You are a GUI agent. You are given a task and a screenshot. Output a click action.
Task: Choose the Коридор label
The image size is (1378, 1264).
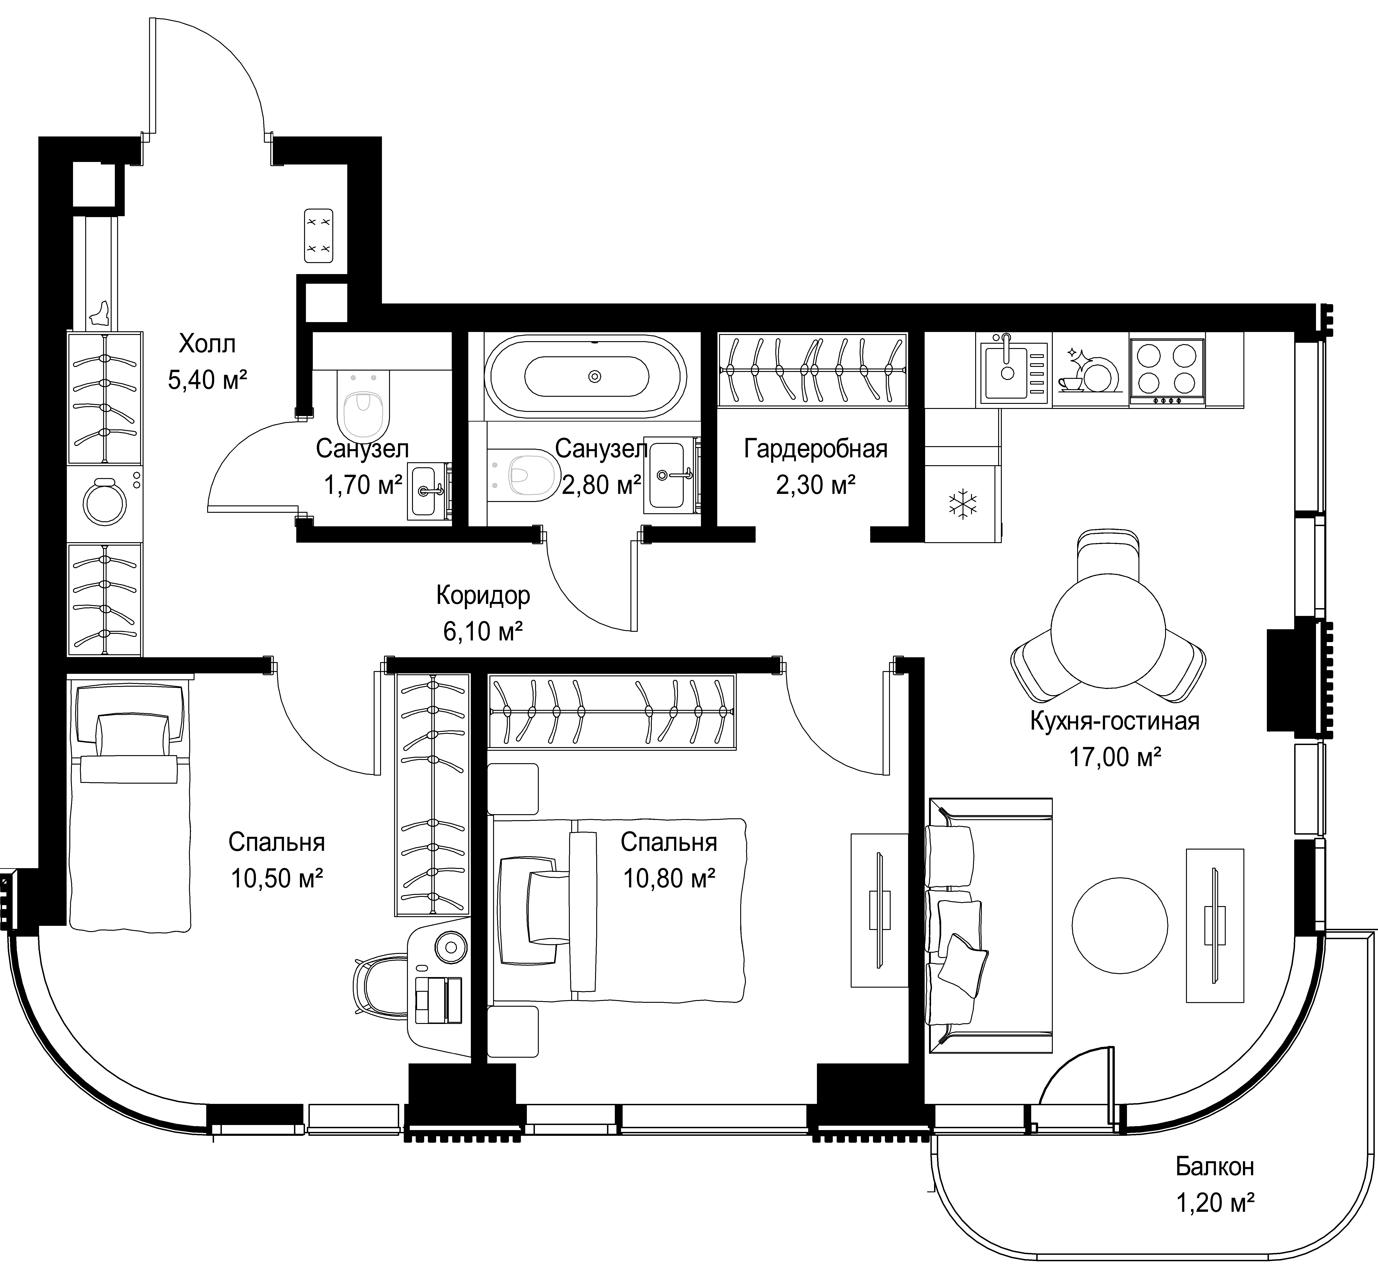[x=483, y=596]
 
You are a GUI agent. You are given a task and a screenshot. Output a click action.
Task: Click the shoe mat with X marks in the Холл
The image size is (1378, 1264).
[x=318, y=235]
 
